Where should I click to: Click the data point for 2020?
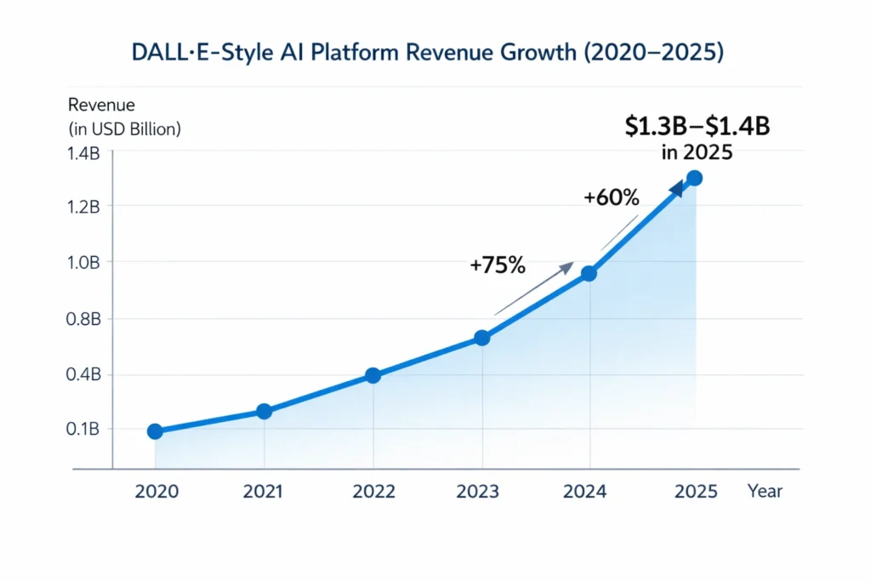(155, 431)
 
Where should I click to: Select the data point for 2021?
(264, 412)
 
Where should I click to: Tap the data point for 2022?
(373, 376)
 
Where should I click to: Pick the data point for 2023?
(482, 338)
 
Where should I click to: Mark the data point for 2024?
(589, 273)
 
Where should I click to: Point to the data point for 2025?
(694, 178)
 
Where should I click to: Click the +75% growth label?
(498, 265)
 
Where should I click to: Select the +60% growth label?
(611, 197)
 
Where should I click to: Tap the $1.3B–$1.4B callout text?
(697, 126)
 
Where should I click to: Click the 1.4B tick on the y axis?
(83, 153)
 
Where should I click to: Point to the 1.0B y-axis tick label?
(83, 262)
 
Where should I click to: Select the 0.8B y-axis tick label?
(83, 319)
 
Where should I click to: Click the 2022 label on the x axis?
(373, 491)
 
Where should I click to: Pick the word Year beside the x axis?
(766, 491)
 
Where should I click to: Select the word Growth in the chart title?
(561, 53)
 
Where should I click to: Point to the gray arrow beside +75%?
(533, 290)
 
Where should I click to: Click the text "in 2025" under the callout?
(696, 154)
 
